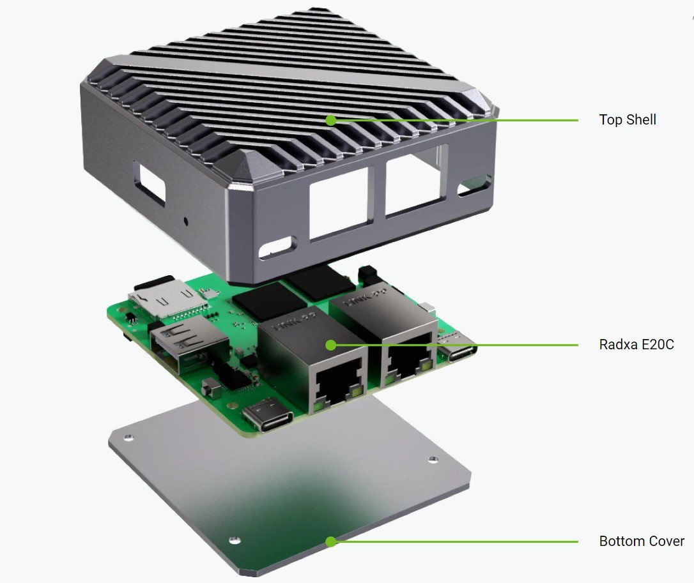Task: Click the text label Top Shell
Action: click(x=627, y=119)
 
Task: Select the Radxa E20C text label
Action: click(x=636, y=345)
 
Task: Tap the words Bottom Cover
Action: click(x=641, y=541)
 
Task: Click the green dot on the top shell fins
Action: click(x=330, y=119)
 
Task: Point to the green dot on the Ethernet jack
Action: click(x=330, y=345)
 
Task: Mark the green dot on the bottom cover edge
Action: click(x=330, y=541)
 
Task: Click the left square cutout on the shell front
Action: click(x=339, y=206)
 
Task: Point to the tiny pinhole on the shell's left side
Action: click(x=186, y=221)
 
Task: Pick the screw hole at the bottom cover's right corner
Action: click(x=432, y=459)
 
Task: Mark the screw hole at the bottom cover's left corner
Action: click(x=128, y=437)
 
